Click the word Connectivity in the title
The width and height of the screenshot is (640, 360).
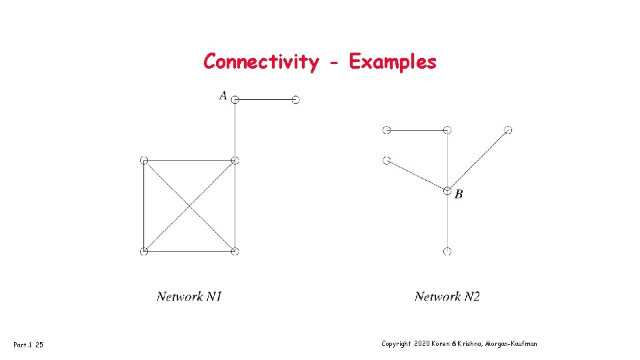261,62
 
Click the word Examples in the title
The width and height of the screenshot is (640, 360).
393,62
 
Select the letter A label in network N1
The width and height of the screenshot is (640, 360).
223,96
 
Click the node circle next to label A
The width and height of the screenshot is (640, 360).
235,100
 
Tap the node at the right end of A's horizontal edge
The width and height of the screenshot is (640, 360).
296,100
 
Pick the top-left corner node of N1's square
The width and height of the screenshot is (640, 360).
144,160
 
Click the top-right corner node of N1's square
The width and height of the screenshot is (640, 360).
235,160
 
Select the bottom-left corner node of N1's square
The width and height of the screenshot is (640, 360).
144,251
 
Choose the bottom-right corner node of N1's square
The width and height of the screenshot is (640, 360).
235,251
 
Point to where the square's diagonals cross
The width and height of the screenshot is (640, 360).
189,206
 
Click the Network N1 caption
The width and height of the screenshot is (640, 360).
189,297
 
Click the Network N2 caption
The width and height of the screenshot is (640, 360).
447,297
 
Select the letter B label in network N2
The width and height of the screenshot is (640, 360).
459,195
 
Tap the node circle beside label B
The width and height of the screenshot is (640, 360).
447,191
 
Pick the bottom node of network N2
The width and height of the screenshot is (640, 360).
447,251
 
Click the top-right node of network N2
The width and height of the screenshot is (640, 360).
508,130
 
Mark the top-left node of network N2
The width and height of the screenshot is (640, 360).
387,130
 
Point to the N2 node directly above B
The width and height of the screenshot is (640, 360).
447,130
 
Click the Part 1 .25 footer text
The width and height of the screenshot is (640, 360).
29,344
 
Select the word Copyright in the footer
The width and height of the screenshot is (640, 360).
396,343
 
